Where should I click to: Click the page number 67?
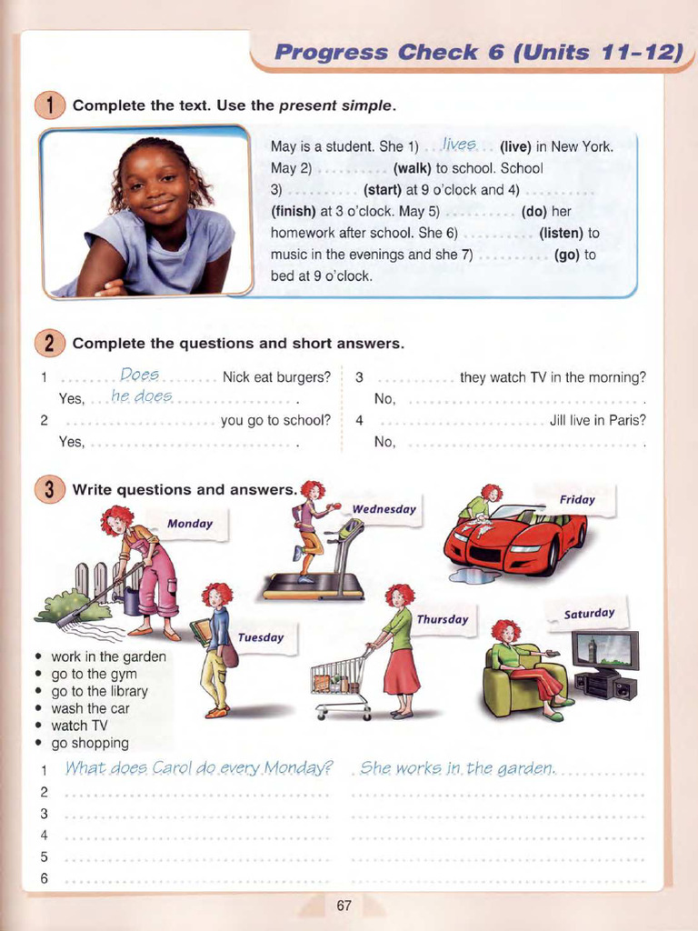[x=344, y=905]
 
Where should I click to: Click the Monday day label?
[x=190, y=524]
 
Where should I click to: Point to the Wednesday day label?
[x=384, y=509]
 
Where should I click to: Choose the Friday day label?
[x=577, y=499]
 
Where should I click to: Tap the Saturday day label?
[x=589, y=614]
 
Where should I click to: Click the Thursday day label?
[x=442, y=620]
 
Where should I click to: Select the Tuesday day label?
[x=261, y=637]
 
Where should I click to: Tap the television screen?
[x=604, y=650]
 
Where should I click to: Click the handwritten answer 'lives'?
[x=459, y=145]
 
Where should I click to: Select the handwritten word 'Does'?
[x=139, y=375]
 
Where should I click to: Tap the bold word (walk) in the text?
[x=413, y=168]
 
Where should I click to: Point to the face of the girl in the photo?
[x=155, y=182]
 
